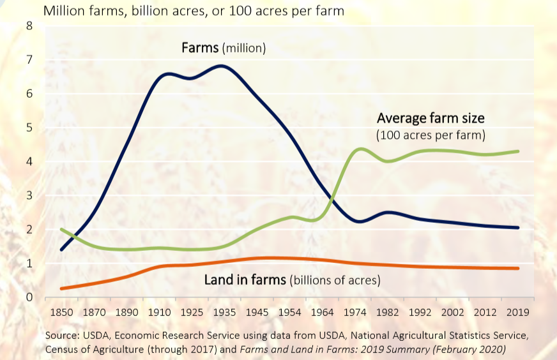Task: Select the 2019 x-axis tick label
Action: pos(517,313)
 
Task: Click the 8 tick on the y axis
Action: pos(29,26)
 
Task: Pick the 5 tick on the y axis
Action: pos(29,128)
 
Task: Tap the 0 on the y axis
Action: pos(29,297)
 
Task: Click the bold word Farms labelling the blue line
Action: pos(200,48)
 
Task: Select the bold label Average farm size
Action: pos(431,117)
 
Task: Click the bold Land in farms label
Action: pos(245,280)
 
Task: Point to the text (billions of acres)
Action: pos(335,280)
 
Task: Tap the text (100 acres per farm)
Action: pos(431,135)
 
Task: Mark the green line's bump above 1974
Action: pos(361,149)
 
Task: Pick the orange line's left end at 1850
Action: pos(61,289)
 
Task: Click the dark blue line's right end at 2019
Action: pos(518,227)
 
